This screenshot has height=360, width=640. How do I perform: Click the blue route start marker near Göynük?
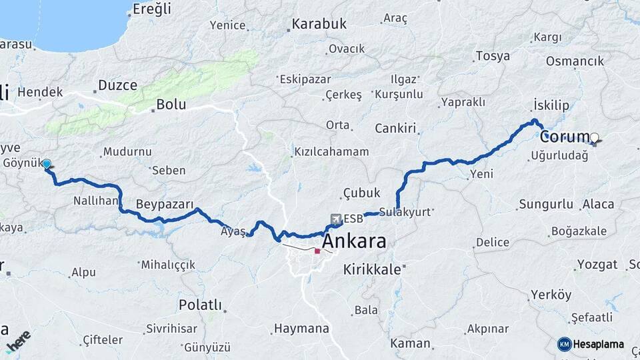click(x=47, y=163)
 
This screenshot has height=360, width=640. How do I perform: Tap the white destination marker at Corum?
click(x=595, y=138)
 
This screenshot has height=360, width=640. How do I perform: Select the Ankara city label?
click(x=354, y=241)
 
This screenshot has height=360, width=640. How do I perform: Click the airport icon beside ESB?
click(x=337, y=219)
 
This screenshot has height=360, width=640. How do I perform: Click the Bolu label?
click(x=170, y=105)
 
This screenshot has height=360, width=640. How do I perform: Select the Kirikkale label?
click(x=372, y=269)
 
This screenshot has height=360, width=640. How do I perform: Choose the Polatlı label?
click(x=199, y=305)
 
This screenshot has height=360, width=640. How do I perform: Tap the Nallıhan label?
click(x=97, y=200)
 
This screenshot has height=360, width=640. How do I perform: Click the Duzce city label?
click(x=117, y=85)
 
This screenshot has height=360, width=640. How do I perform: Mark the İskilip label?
click(x=551, y=105)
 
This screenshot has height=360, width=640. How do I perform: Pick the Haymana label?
click(x=303, y=329)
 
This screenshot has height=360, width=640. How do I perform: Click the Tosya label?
click(x=493, y=56)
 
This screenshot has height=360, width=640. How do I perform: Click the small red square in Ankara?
click(x=317, y=251)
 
